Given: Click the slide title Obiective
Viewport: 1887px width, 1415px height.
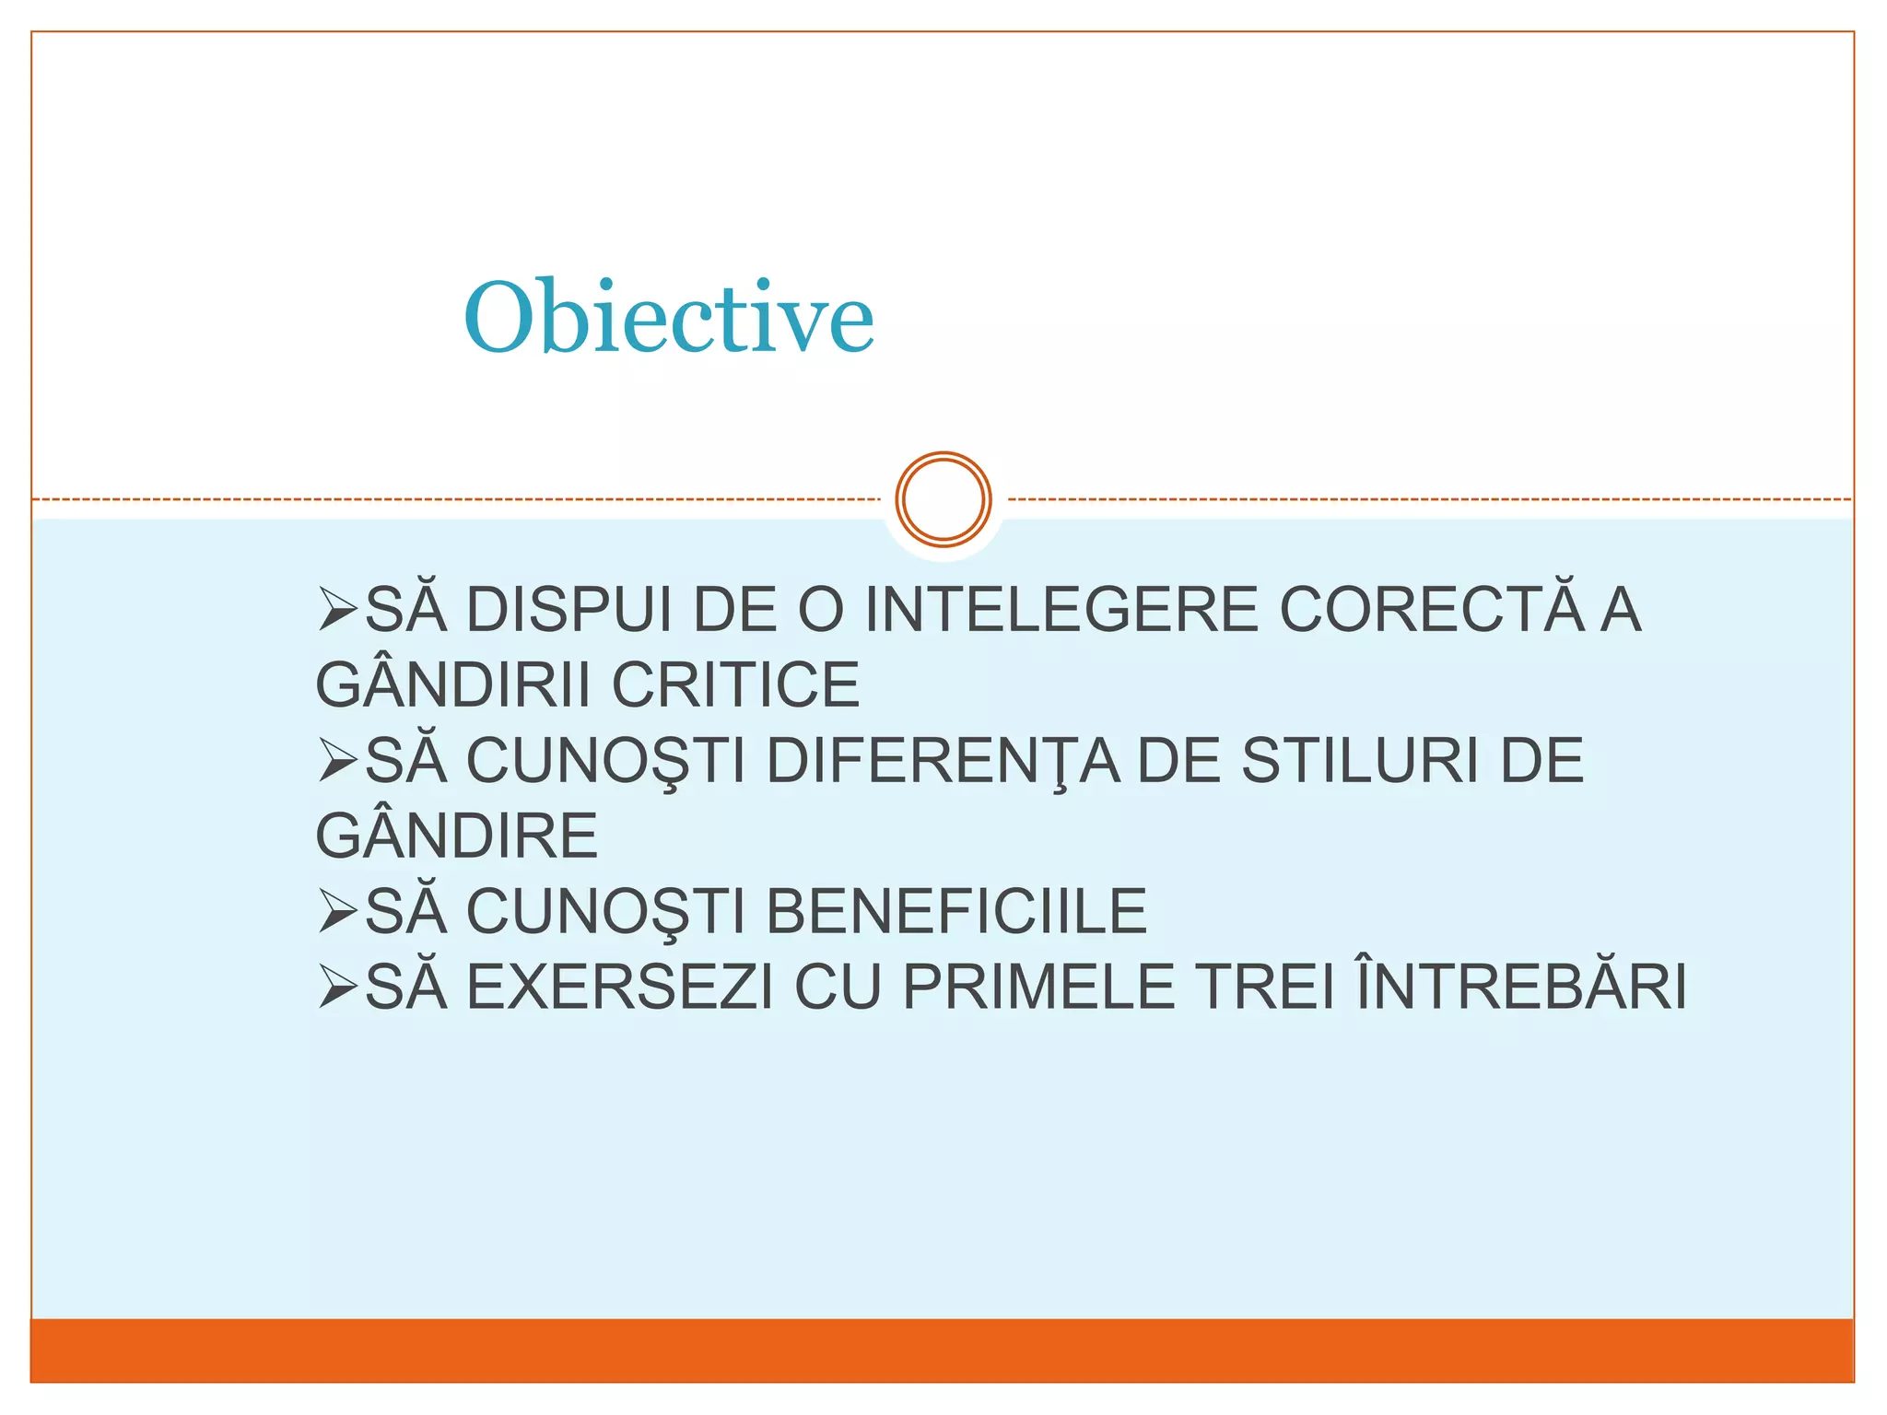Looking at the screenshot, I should [668, 317].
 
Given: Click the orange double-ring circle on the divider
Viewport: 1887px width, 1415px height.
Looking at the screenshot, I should [943, 499].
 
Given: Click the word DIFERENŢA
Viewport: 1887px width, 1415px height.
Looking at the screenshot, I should [943, 762].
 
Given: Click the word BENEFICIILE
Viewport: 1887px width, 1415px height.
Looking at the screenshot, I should [956, 912].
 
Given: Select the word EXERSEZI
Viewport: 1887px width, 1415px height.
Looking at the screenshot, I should [620, 988].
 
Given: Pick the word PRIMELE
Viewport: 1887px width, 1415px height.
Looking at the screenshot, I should [1038, 988].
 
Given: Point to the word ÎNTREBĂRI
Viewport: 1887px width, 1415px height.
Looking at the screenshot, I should [1522, 986].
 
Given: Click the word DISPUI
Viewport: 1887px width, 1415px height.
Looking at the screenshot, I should [569, 610].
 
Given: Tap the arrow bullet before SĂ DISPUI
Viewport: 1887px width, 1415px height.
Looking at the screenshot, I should [337, 611].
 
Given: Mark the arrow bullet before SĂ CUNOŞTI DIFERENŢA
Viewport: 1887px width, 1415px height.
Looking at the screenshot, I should [337, 762].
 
